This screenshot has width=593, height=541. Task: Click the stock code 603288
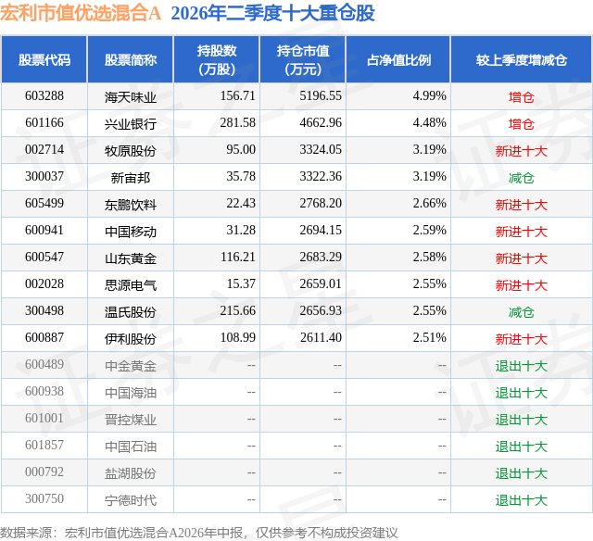(x=44, y=96)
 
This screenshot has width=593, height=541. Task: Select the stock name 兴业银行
(x=131, y=124)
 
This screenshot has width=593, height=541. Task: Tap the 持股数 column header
(x=217, y=59)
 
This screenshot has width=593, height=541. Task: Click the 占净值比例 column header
(x=398, y=59)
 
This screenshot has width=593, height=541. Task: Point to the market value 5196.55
(x=321, y=96)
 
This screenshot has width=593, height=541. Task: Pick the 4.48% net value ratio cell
(x=429, y=123)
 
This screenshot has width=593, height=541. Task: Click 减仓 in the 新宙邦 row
(x=521, y=178)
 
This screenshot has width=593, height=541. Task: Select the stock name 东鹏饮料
(x=131, y=205)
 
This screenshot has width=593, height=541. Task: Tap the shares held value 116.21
(x=238, y=258)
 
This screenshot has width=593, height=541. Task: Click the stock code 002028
(x=44, y=283)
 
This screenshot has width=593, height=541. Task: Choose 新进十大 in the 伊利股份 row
(x=521, y=339)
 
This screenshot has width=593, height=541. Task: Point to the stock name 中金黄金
(x=131, y=366)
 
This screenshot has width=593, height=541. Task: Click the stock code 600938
(x=44, y=391)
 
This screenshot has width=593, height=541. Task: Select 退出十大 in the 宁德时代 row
(x=521, y=500)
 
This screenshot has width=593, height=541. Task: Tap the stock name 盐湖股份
(x=131, y=473)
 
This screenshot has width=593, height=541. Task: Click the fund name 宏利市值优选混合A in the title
(x=81, y=13)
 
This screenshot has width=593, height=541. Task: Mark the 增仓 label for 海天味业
(x=521, y=97)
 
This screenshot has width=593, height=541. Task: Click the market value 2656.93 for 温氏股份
(x=321, y=310)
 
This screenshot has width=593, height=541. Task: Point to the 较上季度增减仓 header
(x=522, y=59)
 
